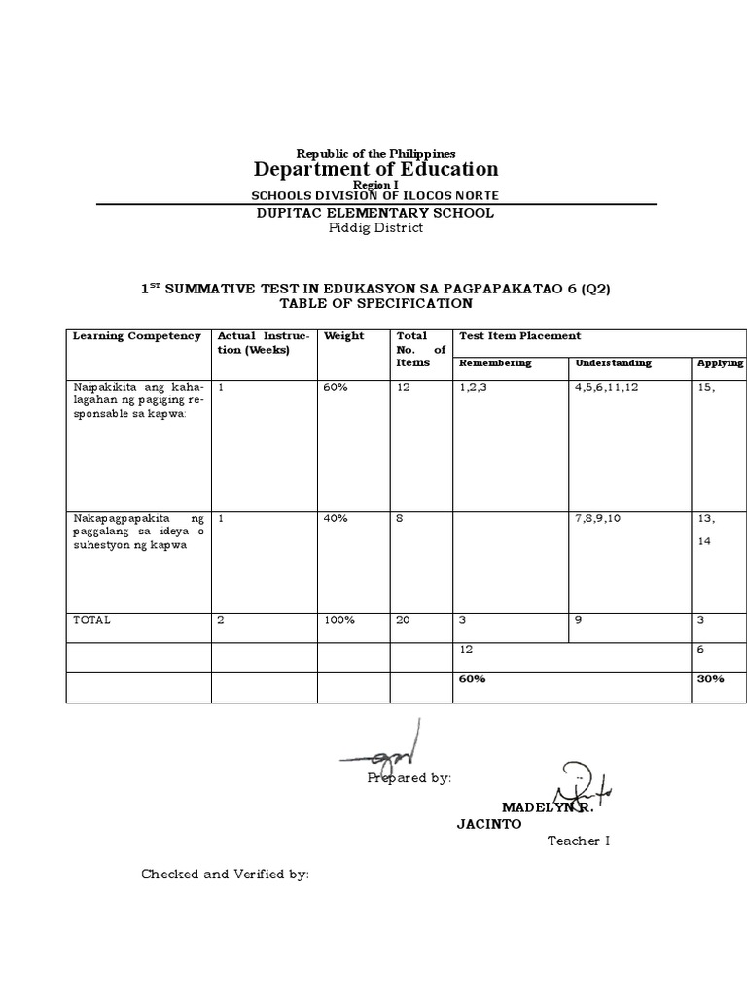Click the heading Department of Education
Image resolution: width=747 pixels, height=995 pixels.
[x=375, y=169]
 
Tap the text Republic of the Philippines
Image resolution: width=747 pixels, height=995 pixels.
[x=375, y=154]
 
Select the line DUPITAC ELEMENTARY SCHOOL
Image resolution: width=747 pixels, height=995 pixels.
[x=375, y=213]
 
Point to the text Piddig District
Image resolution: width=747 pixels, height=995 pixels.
[x=375, y=228]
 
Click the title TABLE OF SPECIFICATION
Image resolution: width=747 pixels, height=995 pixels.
[x=375, y=303]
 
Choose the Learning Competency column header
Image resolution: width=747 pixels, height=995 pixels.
[x=137, y=336]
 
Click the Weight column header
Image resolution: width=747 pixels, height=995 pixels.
[x=344, y=336]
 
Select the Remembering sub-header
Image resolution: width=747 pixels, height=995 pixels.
[x=495, y=363]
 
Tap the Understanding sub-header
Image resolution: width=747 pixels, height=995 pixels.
[x=613, y=363]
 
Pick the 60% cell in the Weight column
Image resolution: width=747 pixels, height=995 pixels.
[x=337, y=387]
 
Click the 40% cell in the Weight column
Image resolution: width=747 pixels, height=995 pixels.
[x=337, y=519]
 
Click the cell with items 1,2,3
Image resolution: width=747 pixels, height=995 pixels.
[x=474, y=387]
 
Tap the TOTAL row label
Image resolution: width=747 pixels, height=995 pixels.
[x=92, y=620]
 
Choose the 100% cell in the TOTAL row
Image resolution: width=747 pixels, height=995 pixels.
[x=339, y=620]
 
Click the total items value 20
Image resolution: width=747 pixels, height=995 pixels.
[x=403, y=620]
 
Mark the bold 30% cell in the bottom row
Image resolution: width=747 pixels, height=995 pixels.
[x=710, y=679]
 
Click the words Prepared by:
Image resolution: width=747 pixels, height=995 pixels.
[x=409, y=778]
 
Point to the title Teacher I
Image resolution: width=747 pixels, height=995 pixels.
[x=578, y=841]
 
